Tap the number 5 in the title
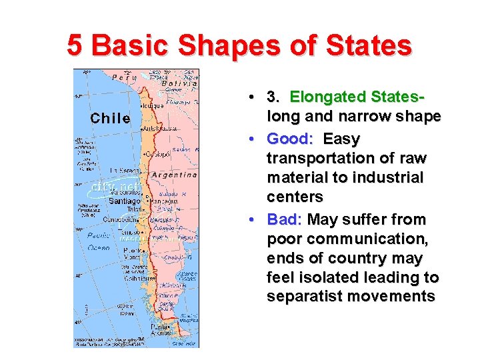(x=75, y=45)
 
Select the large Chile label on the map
(x=110, y=118)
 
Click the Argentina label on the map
(x=174, y=175)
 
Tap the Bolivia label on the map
(x=181, y=83)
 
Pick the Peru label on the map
(x=124, y=77)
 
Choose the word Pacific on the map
(x=99, y=235)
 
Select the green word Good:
(x=290, y=139)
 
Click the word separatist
(x=307, y=297)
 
